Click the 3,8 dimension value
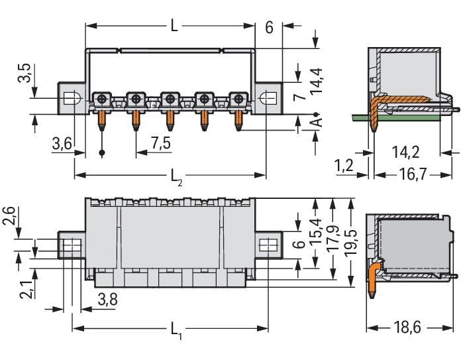(x=107, y=300)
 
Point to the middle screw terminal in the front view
(x=170, y=99)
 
